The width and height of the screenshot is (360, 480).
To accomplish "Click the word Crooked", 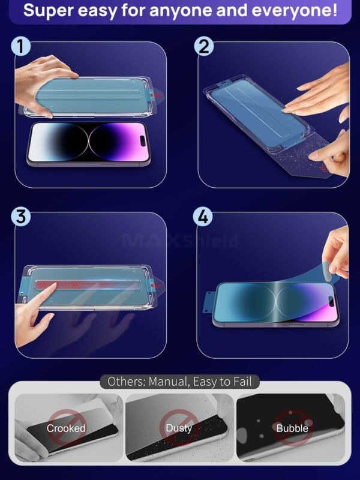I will coord(66,428).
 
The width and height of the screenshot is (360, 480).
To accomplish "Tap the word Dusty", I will coord(179,428).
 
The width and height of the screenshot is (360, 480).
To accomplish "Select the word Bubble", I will coord(292,428).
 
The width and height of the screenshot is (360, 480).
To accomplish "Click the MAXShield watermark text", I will coord(180,241).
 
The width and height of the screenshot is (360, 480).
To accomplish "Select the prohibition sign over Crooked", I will coord(66,427).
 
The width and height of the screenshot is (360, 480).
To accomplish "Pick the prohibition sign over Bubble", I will coord(292,427).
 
